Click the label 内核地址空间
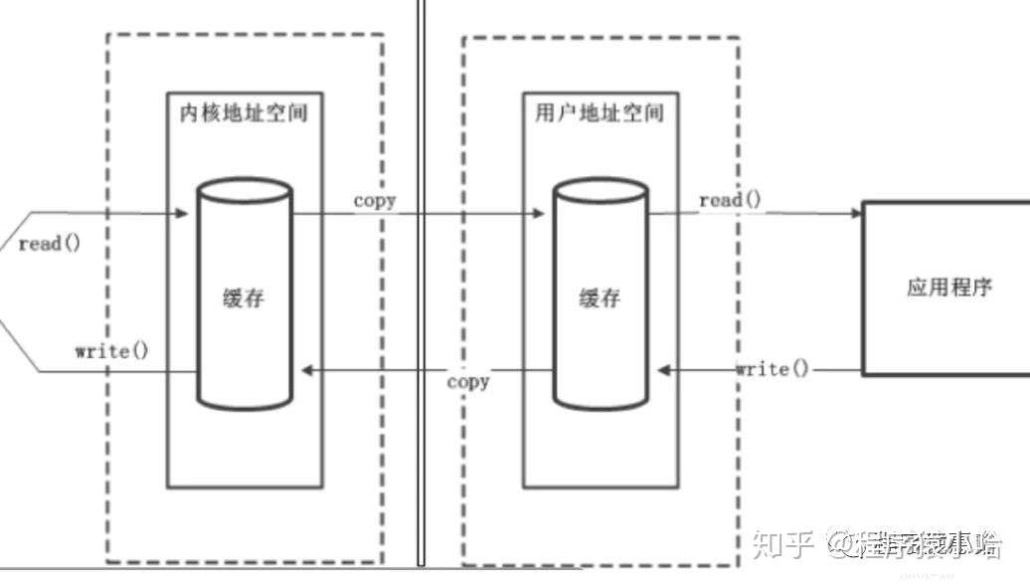[244, 111]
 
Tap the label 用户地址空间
[601, 111]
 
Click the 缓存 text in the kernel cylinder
[244, 296]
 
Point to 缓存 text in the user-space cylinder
[601, 296]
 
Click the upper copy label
[375, 200]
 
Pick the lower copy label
[467, 380]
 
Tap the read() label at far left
[49, 244]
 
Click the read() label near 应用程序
[731, 200]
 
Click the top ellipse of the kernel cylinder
[244, 190]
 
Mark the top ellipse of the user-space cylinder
[601, 190]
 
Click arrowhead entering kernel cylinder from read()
[182, 213]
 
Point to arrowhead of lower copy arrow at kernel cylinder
[307, 370]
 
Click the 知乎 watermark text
[783, 543]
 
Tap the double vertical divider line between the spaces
[421, 289]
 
